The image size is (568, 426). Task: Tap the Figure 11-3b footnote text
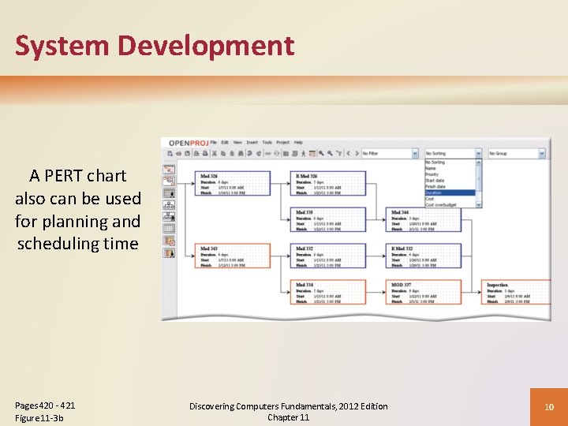(x=39, y=417)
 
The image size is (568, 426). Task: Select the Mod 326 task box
(x=234, y=183)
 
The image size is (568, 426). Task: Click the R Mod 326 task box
(x=330, y=183)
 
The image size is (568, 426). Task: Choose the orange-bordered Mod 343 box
(x=234, y=256)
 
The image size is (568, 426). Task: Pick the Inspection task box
(x=517, y=292)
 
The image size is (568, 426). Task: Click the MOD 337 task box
(x=425, y=292)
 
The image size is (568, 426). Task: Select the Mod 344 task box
(x=425, y=219)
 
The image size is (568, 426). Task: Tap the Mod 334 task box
(x=330, y=292)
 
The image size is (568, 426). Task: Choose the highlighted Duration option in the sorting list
(x=450, y=192)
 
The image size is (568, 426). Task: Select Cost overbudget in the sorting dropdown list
(x=450, y=204)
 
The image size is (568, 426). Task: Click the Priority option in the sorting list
(x=450, y=174)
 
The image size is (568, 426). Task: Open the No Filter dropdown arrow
(x=415, y=154)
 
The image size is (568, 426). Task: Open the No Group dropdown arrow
(x=542, y=154)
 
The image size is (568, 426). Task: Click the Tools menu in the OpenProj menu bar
(x=267, y=143)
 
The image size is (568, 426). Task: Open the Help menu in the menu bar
(x=298, y=143)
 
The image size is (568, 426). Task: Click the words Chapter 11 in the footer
(x=288, y=417)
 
